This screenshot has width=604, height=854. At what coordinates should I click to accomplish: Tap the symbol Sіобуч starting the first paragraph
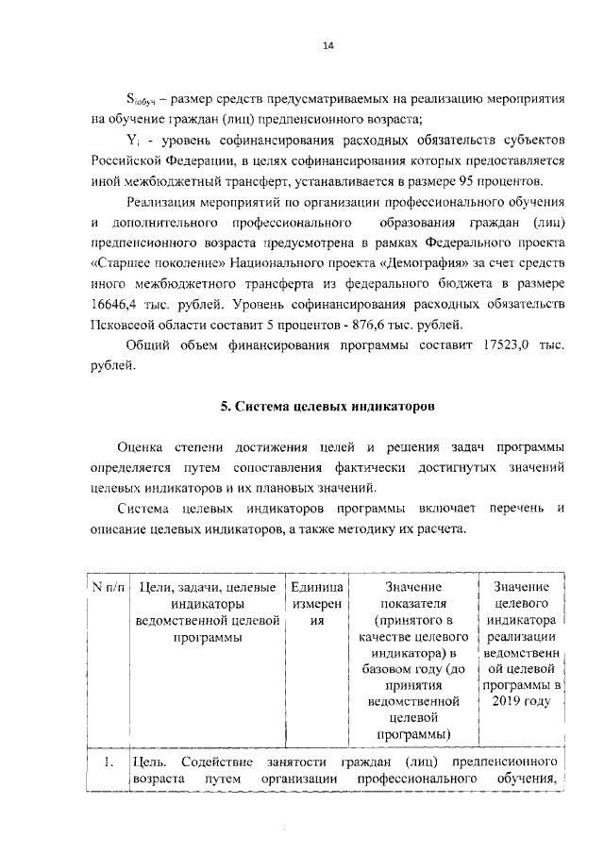tap(141, 99)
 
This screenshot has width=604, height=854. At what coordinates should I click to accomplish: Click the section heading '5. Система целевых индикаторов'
tap(327, 407)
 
